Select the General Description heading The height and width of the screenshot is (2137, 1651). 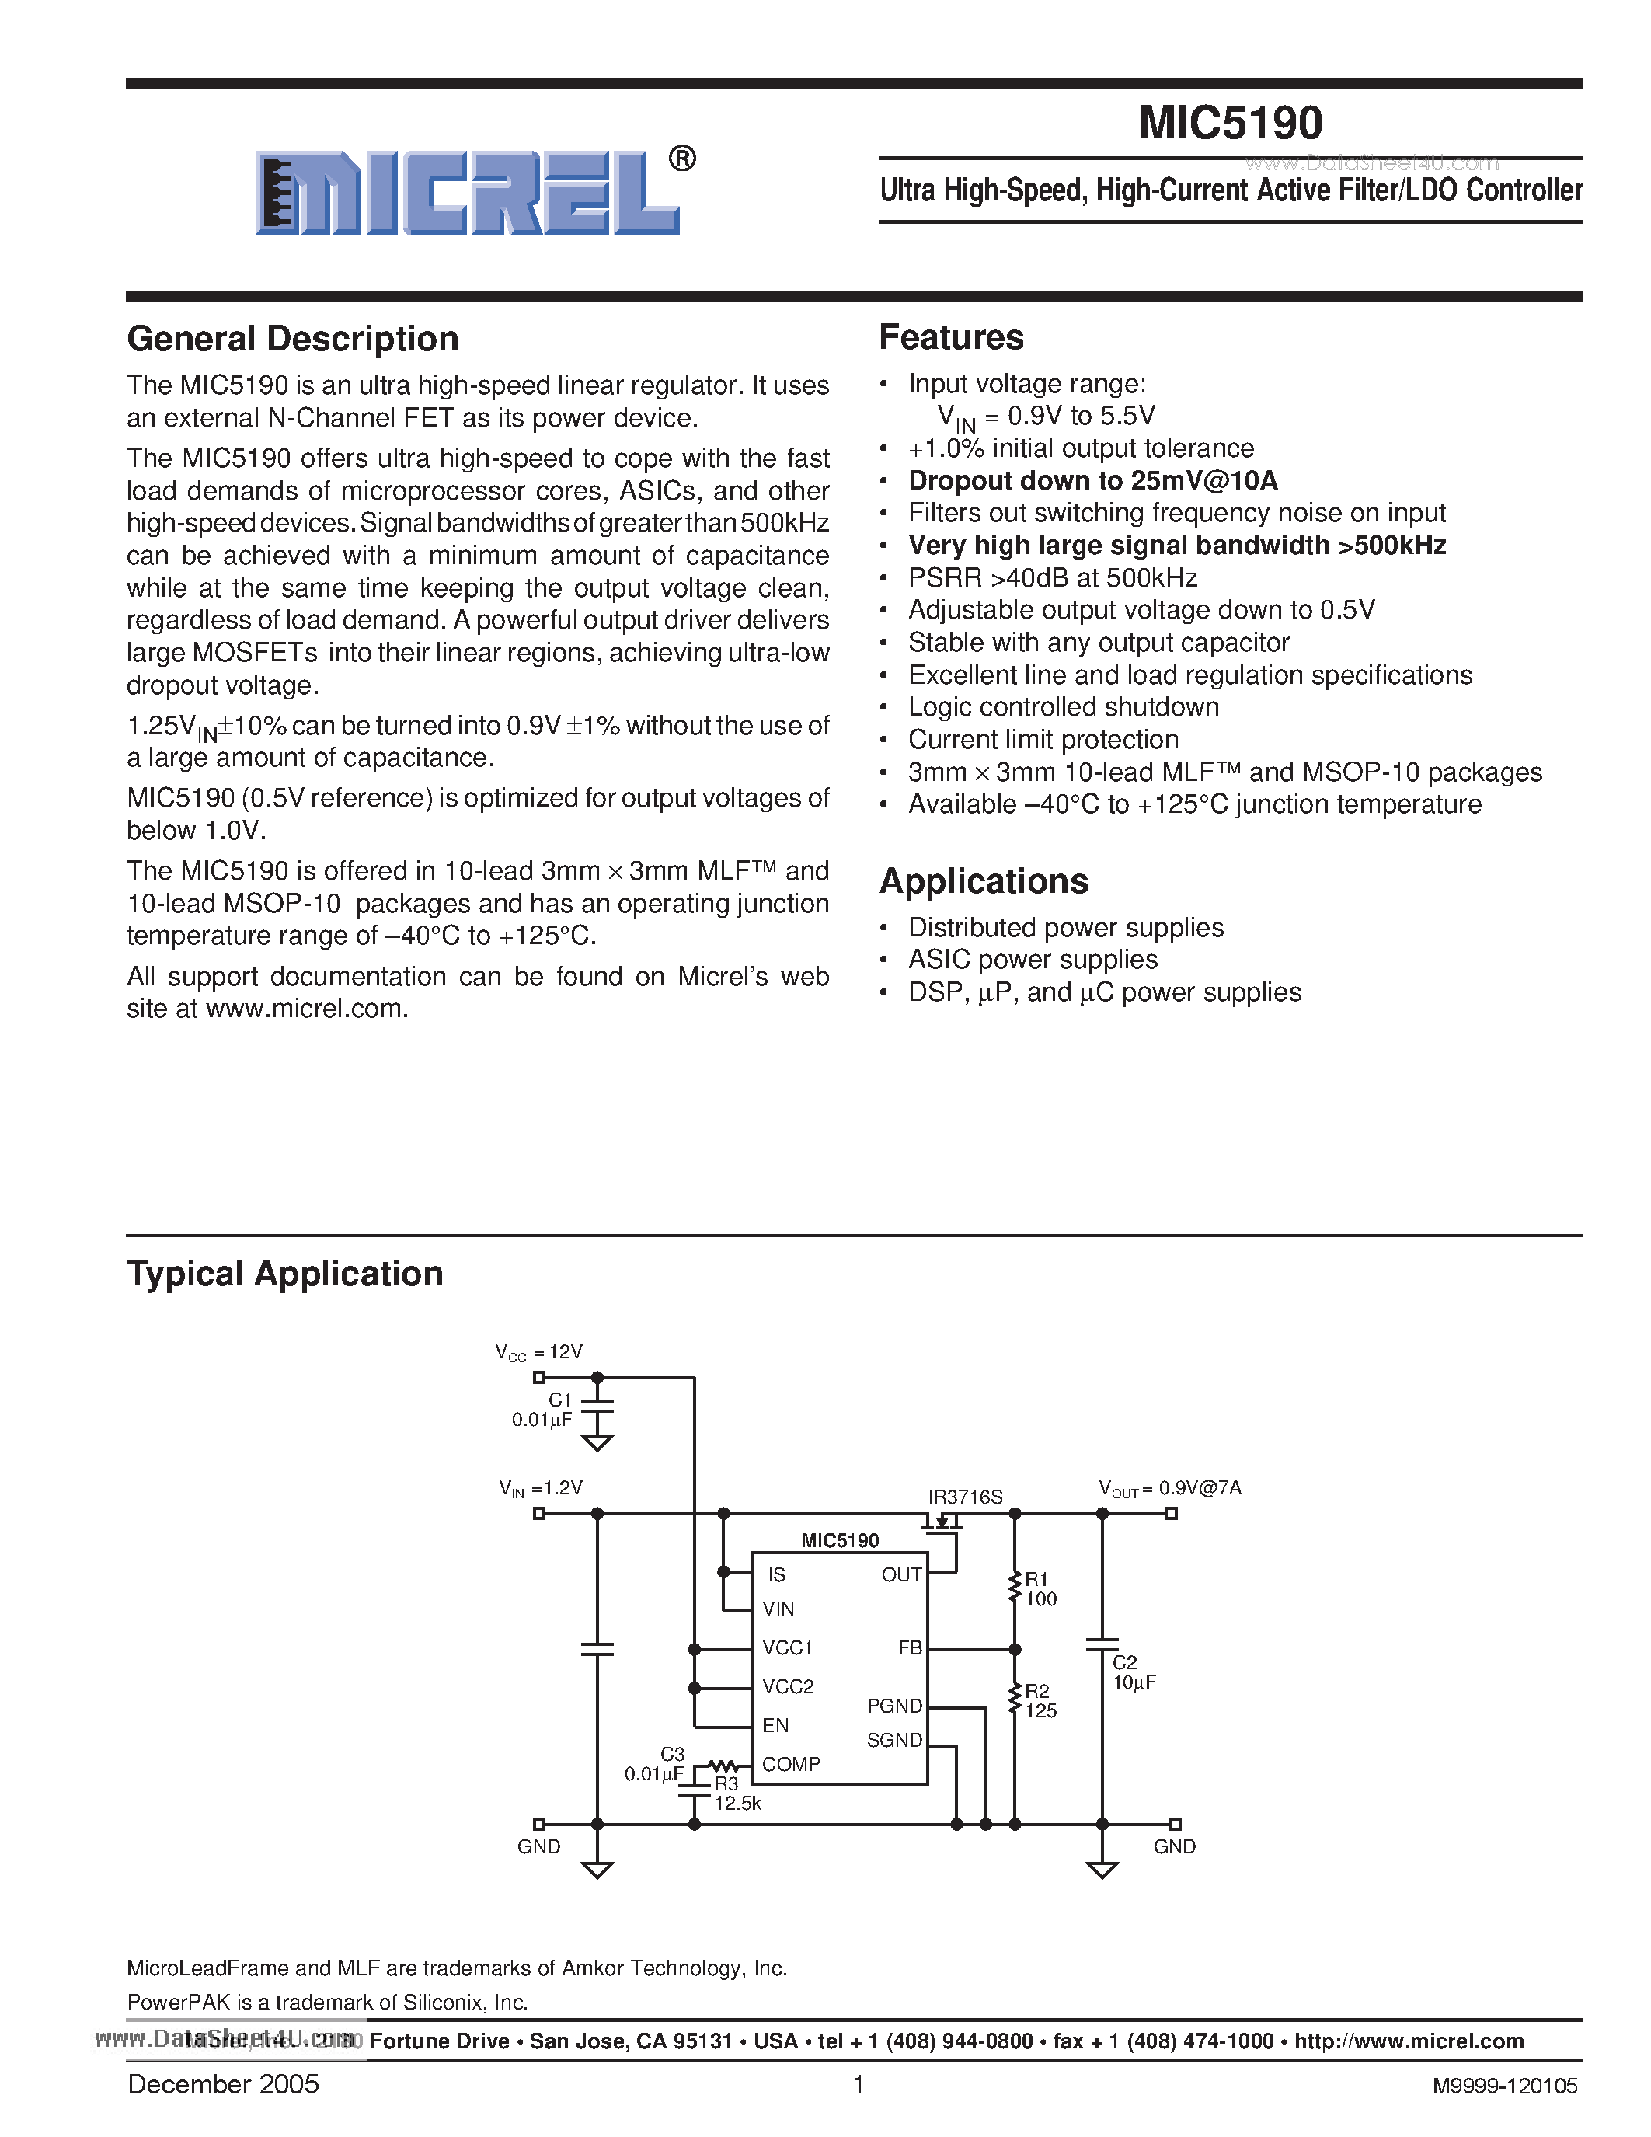click(292, 339)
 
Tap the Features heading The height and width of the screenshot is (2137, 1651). click(951, 336)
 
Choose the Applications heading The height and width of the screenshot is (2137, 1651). click(983, 880)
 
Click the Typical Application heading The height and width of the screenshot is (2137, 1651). click(284, 1273)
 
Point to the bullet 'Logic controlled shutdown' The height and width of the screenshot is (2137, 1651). click(1063, 706)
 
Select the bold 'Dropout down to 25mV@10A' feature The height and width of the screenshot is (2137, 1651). click(1092, 480)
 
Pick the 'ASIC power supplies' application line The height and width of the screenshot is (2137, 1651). click(1032, 959)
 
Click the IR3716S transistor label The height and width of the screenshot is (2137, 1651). click(964, 1496)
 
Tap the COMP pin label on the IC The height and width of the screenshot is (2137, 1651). click(790, 1763)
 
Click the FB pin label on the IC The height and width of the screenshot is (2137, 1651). click(910, 1647)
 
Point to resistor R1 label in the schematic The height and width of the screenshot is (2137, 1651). click(1036, 1578)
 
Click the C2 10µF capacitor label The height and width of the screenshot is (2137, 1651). click(1133, 1672)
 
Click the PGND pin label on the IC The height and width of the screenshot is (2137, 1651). click(894, 1706)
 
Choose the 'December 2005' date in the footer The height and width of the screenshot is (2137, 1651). click(223, 2084)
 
